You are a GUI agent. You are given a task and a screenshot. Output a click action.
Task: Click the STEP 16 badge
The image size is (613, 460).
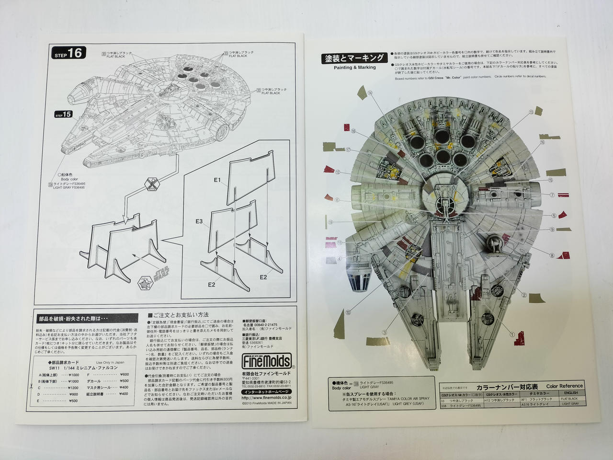coord(68,53)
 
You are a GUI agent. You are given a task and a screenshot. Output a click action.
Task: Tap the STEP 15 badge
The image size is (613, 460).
coord(64,115)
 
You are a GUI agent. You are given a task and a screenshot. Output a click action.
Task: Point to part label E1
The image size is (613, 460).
coord(217,180)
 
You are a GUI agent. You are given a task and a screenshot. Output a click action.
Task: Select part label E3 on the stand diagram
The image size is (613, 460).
coord(200,222)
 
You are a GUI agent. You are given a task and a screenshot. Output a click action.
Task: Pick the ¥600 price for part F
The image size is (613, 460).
coord(124,374)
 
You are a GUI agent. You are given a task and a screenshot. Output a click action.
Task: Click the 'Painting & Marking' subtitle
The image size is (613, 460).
coord(354,68)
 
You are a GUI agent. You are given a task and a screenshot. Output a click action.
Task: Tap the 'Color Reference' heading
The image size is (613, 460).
coord(564,386)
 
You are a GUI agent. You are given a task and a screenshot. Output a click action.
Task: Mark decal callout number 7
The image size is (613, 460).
coord(552,195)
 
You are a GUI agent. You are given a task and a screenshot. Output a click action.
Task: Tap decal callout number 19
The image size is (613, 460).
coord(331,222)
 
